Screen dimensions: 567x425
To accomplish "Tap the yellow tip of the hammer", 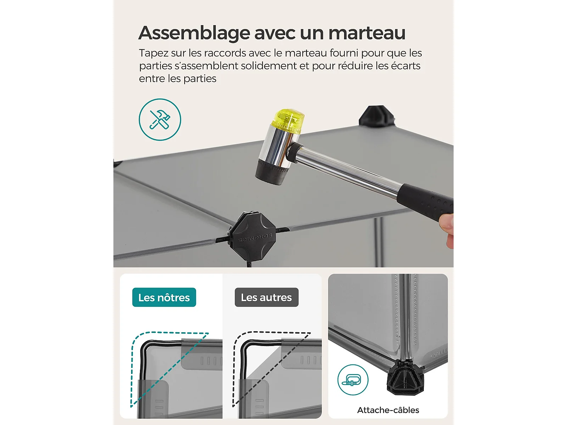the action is point(288,121).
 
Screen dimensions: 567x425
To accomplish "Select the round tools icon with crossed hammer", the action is point(160,119).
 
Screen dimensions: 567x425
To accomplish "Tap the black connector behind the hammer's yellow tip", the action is point(377,117).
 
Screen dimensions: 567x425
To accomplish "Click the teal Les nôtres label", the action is point(164,297).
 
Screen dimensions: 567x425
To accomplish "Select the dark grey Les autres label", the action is point(266,297).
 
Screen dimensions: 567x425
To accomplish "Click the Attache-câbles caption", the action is point(388,410).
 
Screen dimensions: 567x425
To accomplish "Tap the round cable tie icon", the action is point(353,380).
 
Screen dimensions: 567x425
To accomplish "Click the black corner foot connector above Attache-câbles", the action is point(405,378).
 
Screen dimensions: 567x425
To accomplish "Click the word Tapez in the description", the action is point(154,53).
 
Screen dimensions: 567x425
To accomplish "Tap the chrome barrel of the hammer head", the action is point(277,146).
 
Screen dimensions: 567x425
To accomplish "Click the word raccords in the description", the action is point(225,53).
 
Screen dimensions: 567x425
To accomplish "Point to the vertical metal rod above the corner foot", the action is point(406,317).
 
